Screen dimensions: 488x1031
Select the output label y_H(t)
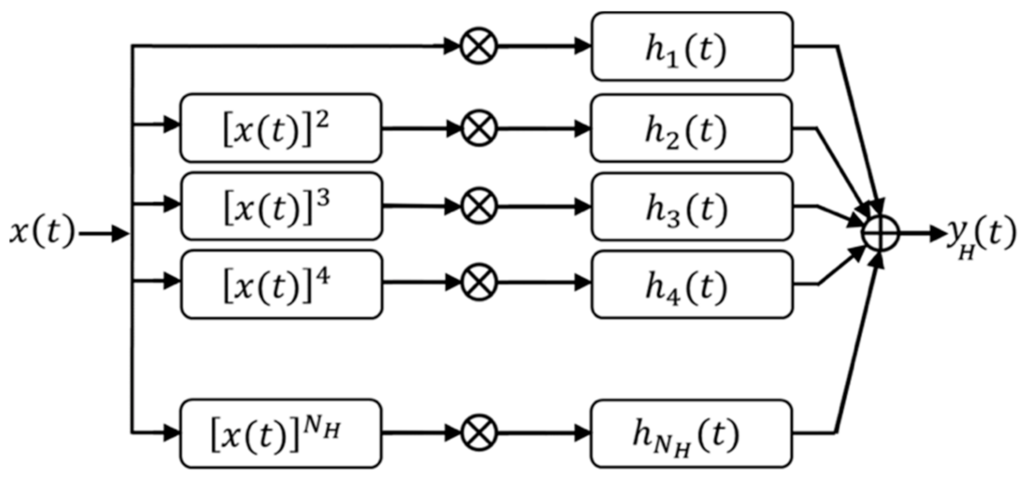tap(981, 235)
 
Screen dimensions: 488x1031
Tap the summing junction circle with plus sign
tap(880, 234)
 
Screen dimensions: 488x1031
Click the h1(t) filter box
tap(691, 46)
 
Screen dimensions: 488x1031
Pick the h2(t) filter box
tap(691, 128)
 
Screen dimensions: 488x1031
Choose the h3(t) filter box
tap(691, 206)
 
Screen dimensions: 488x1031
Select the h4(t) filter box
tap(691, 284)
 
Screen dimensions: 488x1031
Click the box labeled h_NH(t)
tap(691, 433)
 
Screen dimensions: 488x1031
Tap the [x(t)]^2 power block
tap(280, 128)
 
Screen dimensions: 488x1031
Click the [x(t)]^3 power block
tap(281, 206)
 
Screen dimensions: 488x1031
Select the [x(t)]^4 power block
tap(281, 284)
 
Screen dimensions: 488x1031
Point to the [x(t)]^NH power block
tap(280, 433)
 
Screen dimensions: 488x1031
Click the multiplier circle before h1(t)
tap(479, 46)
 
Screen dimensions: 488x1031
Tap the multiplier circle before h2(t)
tap(479, 128)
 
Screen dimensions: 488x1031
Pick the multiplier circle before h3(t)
tap(479, 206)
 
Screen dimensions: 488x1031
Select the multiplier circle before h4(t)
tap(479, 283)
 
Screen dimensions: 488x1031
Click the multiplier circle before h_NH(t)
tap(479, 432)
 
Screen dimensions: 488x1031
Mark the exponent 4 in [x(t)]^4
tap(323, 275)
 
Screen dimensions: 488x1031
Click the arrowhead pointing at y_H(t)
tap(938, 234)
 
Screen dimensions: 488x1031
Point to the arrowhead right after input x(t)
tap(120, 234)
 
